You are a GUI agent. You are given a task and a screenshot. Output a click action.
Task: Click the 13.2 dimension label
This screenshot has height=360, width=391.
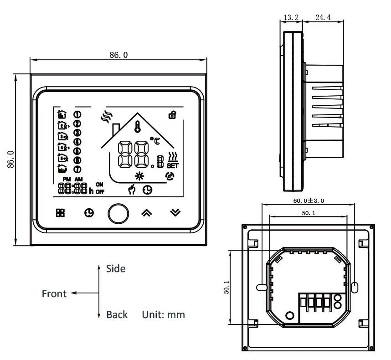(x=291, y=18)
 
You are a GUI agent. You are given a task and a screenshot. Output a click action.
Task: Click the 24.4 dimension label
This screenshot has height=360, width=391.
(x=323, y=18)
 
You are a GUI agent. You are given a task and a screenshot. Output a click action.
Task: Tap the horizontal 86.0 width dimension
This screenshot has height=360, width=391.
(x=118, y=55)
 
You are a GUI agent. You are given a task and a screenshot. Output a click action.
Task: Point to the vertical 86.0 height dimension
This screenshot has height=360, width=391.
(x=10, y=159)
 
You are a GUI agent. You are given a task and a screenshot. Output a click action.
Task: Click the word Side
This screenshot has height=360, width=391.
(x=115, y=269)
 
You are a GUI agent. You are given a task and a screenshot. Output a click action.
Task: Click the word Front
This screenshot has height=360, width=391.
(x=54, y=293)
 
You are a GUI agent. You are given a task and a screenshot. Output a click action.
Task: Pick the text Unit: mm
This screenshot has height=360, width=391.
(x=164, y=314)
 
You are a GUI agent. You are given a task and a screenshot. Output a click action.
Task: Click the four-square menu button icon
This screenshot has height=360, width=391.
(x=60, y=213)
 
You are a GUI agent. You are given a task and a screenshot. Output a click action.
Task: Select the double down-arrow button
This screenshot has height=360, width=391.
(x=175, y=213)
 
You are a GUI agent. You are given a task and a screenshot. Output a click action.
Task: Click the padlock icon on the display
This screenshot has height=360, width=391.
(x=172, y=115)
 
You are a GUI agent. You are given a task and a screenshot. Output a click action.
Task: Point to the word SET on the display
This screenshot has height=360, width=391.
(x=173, y=165)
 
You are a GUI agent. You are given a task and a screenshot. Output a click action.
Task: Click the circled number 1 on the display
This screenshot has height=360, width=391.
(x=77, y=114)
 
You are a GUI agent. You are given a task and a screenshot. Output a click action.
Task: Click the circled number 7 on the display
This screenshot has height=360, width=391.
(x=77, y=169)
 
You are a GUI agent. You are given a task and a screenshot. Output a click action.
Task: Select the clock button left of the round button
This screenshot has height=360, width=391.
(x=89, y=213)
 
